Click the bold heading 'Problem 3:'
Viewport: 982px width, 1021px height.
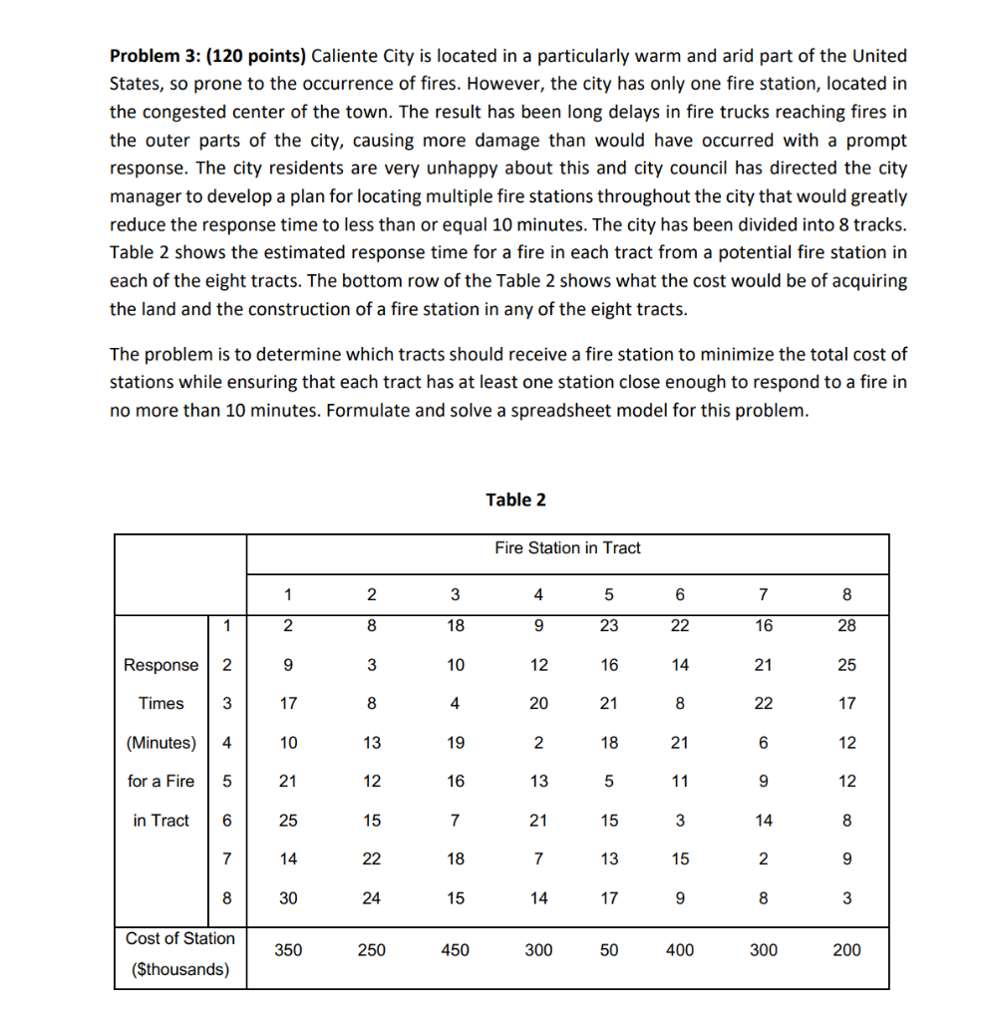[155, 56]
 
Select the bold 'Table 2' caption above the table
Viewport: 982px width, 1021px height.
[515, 500]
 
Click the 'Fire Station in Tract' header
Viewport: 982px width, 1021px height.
[567, 547]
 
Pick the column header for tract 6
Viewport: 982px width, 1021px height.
[680, 595]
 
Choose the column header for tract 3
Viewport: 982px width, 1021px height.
[455, 595]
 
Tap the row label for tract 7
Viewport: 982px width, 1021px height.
[227, 858]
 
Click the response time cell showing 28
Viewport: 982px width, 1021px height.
[846, 625]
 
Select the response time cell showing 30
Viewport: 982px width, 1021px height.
[287, 897]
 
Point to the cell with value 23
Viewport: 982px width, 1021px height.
[609, 625]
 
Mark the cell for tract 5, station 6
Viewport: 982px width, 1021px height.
[680, 782]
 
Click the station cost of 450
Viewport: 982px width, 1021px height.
[455, 950]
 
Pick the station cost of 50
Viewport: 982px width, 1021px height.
[609, 950]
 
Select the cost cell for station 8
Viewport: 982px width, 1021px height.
[846, 950]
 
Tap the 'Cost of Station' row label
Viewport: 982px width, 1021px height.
[180, 938]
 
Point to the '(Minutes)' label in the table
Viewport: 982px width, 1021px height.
[162, 743]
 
